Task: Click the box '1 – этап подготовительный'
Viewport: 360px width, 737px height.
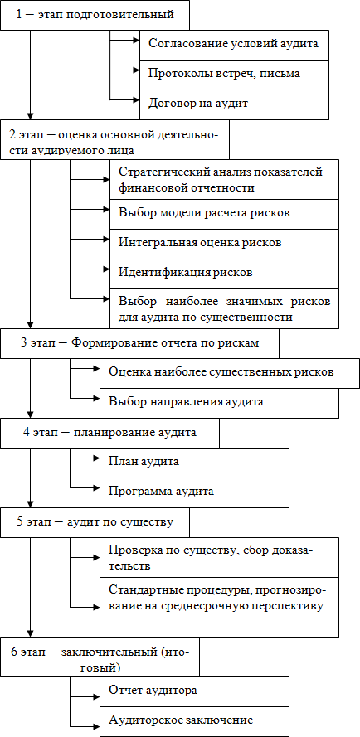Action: pos(95,15)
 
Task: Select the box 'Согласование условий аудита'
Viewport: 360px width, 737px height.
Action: pos(234,45)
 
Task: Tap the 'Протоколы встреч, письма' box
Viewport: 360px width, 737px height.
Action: pos(234,75)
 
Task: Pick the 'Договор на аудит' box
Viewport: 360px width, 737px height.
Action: pos(234,104)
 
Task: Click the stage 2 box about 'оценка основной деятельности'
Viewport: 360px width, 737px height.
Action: pos(114,139)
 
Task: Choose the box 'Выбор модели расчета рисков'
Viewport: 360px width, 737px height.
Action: pos(225,214)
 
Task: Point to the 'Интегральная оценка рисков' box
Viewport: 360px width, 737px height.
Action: pos(225,244)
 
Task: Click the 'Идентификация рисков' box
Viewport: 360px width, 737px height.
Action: pos(225,274)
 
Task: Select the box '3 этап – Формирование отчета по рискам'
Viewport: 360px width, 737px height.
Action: pos(139,343)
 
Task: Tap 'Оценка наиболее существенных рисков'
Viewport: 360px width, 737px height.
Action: pos(230,373)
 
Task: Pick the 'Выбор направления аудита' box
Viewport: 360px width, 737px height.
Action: pos(219,403)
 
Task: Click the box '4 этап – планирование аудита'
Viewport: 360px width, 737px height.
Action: pos(109,433)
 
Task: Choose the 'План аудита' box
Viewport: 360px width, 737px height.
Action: pos(194,463)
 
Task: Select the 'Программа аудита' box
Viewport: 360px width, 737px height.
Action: pos(194,492)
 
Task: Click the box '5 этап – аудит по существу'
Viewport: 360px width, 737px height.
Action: pos(95,522)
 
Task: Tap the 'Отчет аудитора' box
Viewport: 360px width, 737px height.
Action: pos(194,692)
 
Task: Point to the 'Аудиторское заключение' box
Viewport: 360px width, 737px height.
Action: pos(194,721)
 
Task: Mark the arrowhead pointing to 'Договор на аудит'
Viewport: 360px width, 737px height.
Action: pos(136,99)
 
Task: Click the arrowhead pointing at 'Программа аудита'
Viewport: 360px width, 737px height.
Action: pos(96,487)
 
